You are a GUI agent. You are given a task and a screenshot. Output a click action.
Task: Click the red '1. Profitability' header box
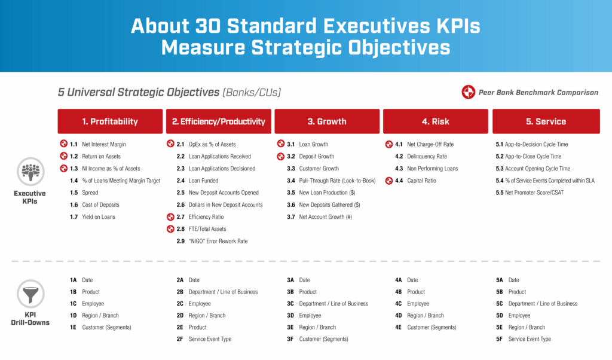(110, 121)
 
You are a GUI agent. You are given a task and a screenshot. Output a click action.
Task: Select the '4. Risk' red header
(435, 121)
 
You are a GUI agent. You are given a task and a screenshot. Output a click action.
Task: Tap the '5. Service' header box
(546, 121)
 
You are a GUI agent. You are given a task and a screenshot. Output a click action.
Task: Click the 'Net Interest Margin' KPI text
(104, 144)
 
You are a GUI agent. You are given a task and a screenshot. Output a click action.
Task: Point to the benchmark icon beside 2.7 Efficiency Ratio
(171, 217)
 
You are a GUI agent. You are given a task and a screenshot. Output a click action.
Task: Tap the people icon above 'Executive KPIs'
(30, 172)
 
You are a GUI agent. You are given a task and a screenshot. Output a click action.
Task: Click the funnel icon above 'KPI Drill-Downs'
(30, 295)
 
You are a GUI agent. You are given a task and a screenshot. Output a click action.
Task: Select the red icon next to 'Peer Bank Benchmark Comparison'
(468, 93)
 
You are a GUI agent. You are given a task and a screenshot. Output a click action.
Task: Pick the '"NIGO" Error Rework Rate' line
(218, 241)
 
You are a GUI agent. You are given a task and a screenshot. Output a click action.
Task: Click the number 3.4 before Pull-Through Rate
(291, 181)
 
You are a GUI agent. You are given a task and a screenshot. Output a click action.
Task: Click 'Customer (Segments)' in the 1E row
(106, 327)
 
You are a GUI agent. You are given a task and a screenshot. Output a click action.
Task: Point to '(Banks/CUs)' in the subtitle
(251, 93)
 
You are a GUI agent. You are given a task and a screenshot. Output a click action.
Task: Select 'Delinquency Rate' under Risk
(427, 157)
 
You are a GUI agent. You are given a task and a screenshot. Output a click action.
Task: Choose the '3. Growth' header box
(327, 121)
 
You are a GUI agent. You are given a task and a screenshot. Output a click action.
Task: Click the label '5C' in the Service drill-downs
(500, 304)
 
